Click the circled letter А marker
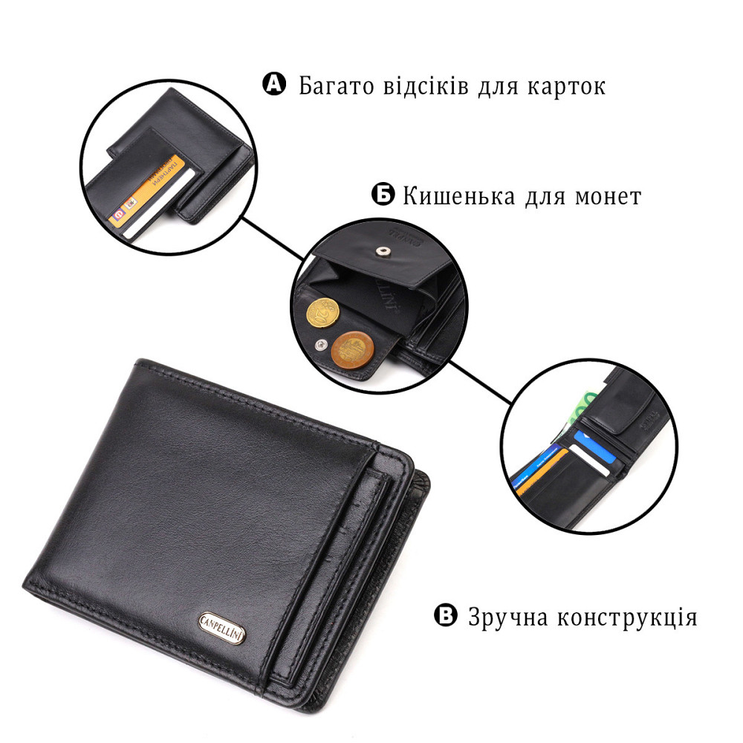(x=274, y=85)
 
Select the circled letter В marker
(x=444, y=616)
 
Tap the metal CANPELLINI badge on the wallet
(x=224, y=621)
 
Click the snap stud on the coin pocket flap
(x=383, y=253)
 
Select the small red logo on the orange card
(x=117, y=215)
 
